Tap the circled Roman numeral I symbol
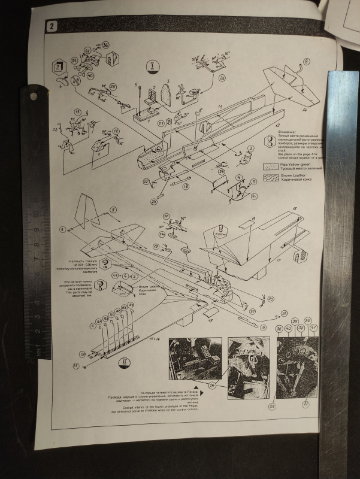coord(151,66)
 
